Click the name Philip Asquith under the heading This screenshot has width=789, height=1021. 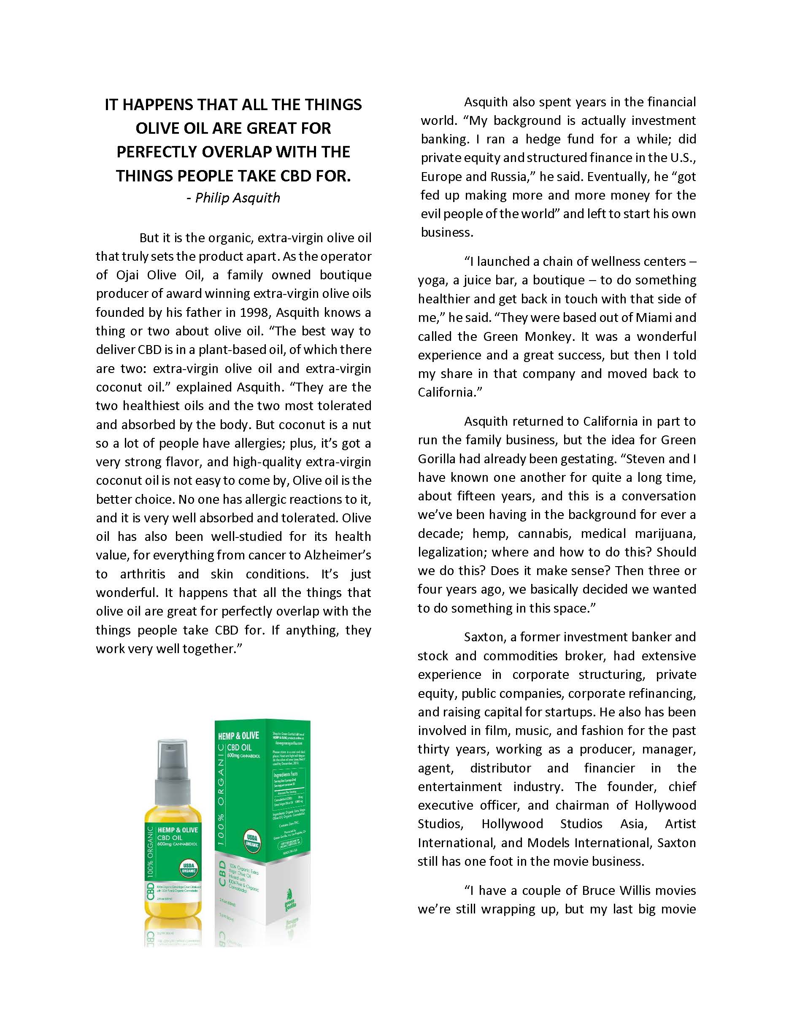point(238,198)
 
